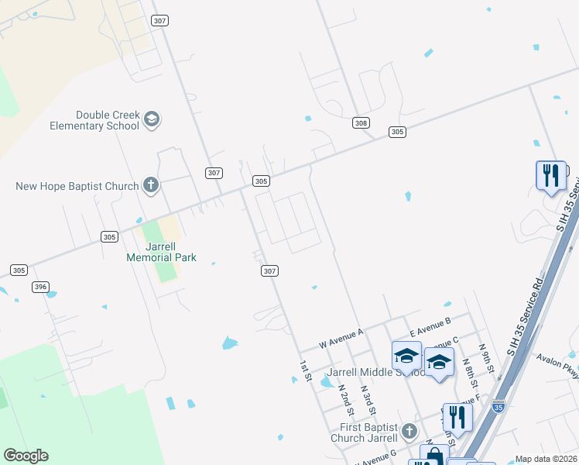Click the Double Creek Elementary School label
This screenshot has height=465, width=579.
click(94, 120)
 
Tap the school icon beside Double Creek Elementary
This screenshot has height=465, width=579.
click(152, 119)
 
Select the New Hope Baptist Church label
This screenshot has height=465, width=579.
click(77, 186)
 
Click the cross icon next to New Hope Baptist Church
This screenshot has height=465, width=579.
click(151, 185)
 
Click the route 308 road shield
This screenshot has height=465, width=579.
click(360, 123)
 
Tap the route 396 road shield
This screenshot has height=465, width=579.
click(41, 287)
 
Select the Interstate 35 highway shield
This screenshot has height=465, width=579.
click(498, 405)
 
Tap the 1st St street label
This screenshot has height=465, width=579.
click(306, 370)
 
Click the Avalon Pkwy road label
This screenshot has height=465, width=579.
click(560, 362)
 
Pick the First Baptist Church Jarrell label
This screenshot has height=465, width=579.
click(363, 432)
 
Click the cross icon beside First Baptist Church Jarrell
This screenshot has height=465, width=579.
click(409, 430)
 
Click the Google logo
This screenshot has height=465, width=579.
click(26, 456)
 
